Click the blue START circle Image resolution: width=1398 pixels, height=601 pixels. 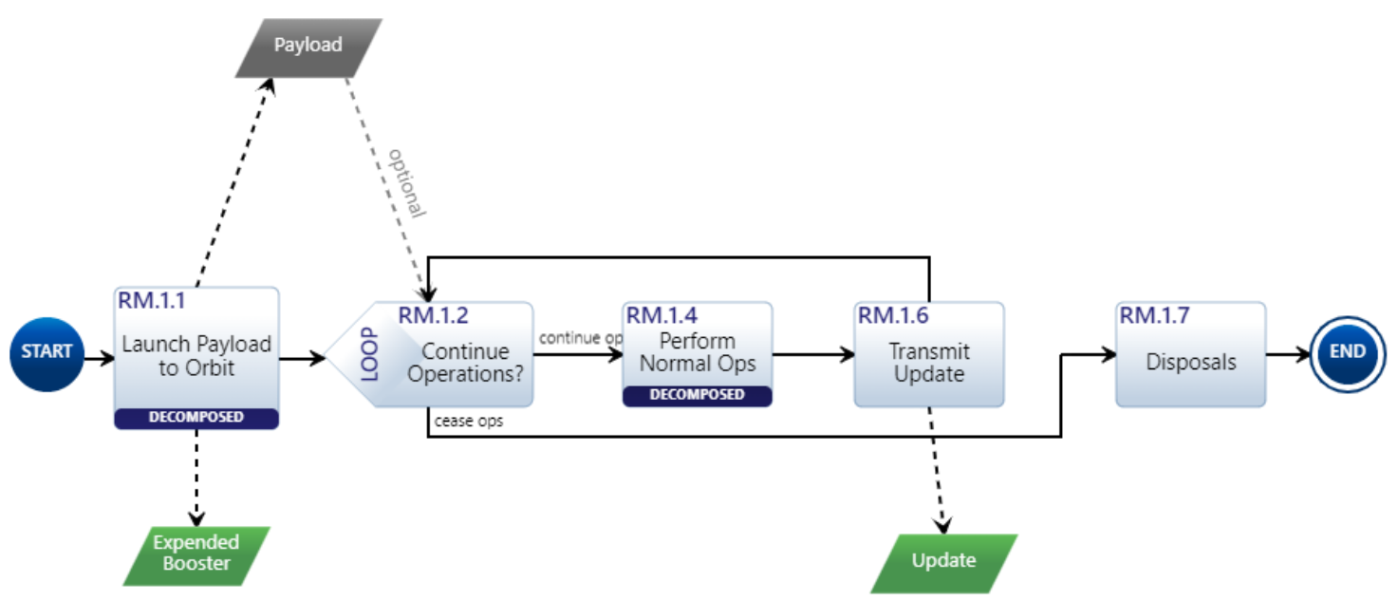[47, 352]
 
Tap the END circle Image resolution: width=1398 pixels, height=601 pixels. [1346, 352]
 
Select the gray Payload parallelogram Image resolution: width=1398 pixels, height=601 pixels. [308, 47]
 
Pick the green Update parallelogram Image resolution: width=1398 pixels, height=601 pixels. [943, 561]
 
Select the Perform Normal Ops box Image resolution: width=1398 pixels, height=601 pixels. [698, 351]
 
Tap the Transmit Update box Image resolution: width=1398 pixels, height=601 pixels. [928, 361]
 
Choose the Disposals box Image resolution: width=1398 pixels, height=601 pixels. [1190, 362]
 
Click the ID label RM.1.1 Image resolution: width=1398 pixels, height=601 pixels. [152, 301]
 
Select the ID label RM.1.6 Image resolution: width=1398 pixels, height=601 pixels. [893, 315]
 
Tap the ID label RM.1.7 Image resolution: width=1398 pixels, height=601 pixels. [1154, 315]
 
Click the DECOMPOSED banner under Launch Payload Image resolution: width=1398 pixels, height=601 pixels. [196, 418]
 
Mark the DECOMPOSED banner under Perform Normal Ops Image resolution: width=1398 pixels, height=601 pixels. [698, 395]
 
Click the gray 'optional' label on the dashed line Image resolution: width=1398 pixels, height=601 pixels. [407, 181]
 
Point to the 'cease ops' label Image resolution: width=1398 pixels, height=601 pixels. [469, 421]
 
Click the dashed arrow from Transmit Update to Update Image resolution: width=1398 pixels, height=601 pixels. [935, 470]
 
